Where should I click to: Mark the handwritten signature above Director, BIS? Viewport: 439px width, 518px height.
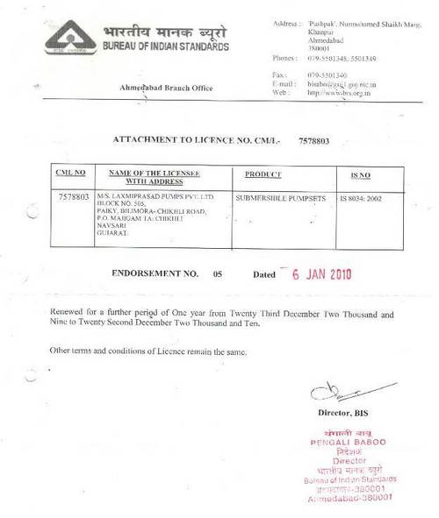click(x=346, y=392)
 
